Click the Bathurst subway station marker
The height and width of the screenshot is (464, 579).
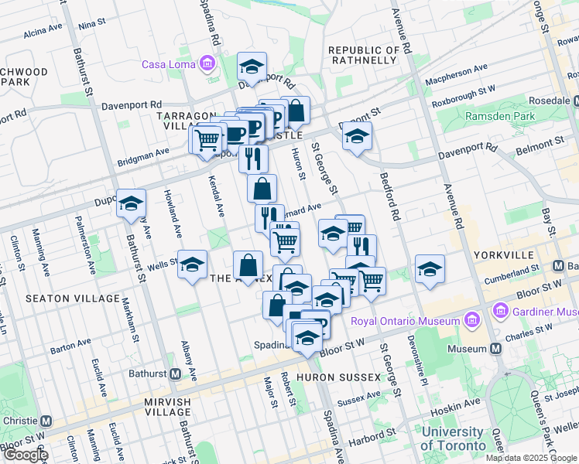point(176,374)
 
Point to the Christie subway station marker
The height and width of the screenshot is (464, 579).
point(46,422)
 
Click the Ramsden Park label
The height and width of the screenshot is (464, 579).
point(500,116)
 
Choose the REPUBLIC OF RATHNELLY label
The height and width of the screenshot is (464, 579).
point(365,56)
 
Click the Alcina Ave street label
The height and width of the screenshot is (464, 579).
point(43,32)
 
